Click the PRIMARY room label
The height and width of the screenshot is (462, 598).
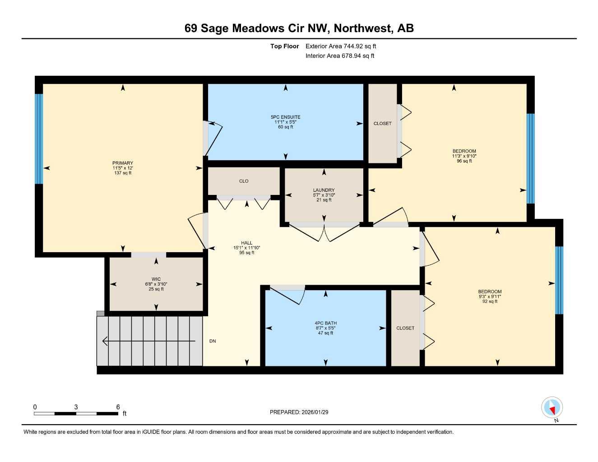coord(123,163)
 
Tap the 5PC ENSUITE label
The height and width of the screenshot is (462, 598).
coord(285,117)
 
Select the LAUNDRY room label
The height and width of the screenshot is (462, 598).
coord(324,190)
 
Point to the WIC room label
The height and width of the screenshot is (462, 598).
coord(156,279)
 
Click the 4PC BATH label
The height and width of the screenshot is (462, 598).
coord(325,323)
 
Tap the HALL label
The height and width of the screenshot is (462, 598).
coord(246,243)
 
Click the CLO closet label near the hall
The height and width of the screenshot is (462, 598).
coord(244,181)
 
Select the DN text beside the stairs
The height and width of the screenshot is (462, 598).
coord(213,341)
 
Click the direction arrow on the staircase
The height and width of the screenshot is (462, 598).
coord(105,341)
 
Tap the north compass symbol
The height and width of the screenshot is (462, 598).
coord(552,408)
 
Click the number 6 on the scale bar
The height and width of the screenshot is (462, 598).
coord(118,407)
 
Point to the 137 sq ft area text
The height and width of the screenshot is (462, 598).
coord(123,173)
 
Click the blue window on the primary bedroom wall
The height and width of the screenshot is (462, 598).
coord(39,139)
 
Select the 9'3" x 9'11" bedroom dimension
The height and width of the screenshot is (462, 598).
coord(490,296)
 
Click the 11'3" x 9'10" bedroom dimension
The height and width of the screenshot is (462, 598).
coord(464,156)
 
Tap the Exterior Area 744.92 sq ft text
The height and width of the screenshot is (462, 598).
coord(341,46)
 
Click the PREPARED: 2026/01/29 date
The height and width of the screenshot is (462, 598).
coord(299,412)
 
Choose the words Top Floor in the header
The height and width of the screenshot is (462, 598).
coord(284,46)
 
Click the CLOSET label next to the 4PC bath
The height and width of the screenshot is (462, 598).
coord(405,328)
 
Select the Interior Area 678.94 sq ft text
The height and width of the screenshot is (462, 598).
coord(340,56)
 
